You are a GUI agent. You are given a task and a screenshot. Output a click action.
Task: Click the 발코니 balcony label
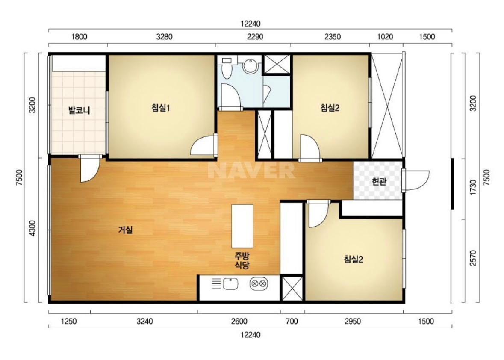point(79,111)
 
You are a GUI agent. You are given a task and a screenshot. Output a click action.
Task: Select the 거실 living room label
point(125,230)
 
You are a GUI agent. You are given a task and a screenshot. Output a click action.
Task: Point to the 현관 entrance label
point(379,182)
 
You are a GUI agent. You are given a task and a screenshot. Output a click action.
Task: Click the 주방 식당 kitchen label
point(242,260)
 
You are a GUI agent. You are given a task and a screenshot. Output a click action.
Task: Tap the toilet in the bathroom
point(227,68)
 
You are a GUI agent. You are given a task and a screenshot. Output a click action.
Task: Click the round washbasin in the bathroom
point(250,65)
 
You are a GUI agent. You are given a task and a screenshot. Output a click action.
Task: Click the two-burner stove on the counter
point(259,283)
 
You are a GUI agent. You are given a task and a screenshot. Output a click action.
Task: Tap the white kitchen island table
point(242,226)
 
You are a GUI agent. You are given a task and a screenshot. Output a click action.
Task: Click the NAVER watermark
point(251,170)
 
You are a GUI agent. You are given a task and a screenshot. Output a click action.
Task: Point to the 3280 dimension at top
point(164,37)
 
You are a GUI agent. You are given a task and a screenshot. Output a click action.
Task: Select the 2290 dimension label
point(255,37)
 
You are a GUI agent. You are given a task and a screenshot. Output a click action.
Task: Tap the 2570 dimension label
point(473,258)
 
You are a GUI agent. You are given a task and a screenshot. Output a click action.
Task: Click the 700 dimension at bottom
point(292,321)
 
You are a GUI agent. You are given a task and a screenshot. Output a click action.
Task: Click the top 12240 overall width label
point(251,24)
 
